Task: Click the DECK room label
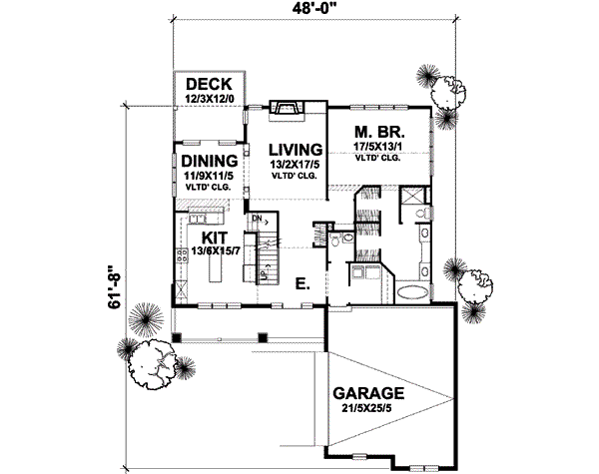(208, 84)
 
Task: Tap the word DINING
(210, 160)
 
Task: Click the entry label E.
(301, 284)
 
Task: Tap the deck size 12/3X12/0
(208, 99)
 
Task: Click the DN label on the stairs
(257, 218)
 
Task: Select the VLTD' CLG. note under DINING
(208, 186)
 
